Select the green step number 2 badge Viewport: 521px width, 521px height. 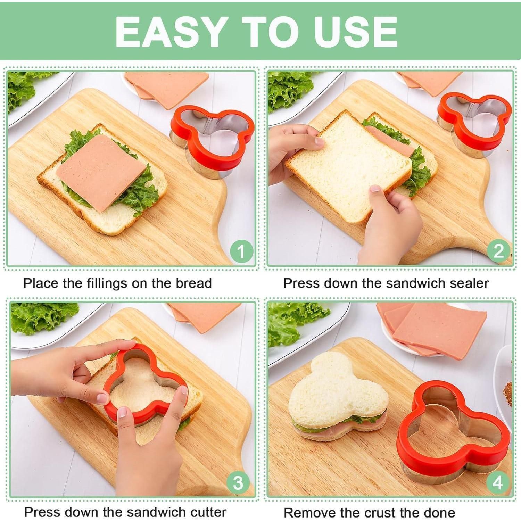[498, 251]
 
